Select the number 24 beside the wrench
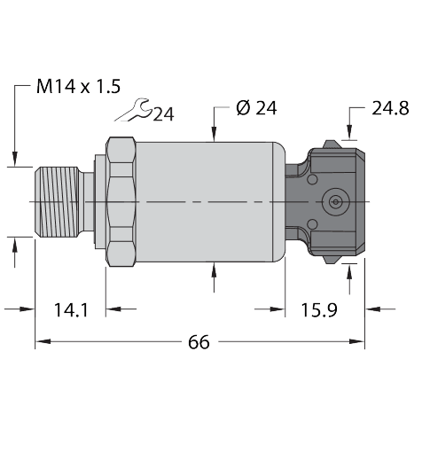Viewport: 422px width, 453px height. [x=163, y=114]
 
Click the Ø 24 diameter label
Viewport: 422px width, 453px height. [x=257, y=109]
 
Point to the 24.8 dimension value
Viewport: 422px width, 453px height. [x=390, y=109]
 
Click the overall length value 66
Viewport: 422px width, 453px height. [x=199, y=342]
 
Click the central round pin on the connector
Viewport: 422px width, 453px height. [x=335, y=202]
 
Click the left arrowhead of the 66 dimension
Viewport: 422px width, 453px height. [x=41, y=341]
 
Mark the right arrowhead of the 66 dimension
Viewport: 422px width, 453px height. [x=358, y=341]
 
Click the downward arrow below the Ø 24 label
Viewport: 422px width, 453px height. [x=215, y=134]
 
